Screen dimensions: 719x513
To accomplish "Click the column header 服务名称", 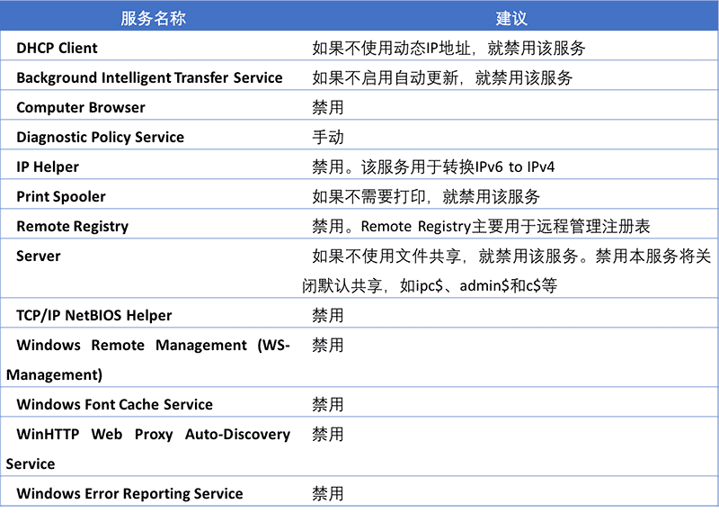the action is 153,18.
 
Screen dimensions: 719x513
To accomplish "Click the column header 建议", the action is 511,18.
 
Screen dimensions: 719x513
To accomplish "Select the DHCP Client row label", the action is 57,49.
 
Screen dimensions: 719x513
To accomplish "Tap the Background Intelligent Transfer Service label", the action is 149,77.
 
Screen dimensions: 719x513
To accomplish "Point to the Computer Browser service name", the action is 81,107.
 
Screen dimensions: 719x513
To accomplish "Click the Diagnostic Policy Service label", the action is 101,137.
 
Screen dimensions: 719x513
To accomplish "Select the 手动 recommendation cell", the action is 328,137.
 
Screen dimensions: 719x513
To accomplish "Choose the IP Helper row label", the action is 48,166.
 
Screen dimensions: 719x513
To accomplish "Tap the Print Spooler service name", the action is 61,196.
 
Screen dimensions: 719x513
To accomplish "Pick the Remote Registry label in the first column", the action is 73,227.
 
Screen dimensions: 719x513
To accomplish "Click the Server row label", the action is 39,256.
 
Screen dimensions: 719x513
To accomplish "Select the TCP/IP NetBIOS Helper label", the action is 94,316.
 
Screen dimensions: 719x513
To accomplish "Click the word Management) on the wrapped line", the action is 54,374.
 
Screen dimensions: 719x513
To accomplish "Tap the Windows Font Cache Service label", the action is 115,404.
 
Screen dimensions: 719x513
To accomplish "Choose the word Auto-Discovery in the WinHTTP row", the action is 237,434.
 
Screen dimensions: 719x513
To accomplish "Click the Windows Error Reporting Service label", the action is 129,493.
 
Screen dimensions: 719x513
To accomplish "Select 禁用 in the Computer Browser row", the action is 328,107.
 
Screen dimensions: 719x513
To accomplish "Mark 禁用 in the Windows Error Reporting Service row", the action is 328,494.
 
